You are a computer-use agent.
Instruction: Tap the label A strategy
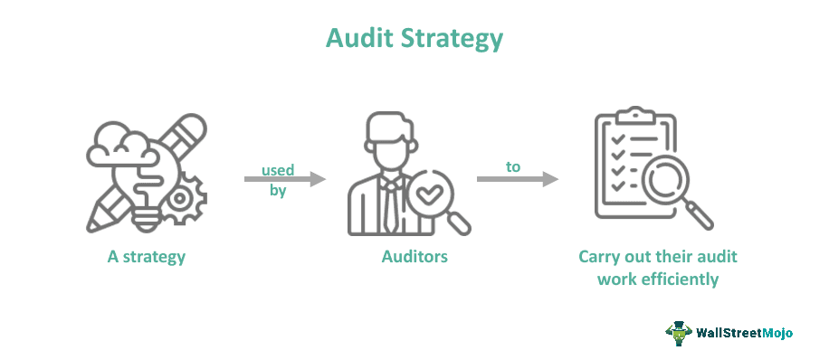(x=146, y=256)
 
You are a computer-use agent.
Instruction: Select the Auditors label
(x=414, y=256)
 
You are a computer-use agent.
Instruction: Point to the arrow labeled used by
(x=284, y=180)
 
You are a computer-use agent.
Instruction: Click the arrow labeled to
(x=517, y=180)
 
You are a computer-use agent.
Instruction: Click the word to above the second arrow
(x=513, y=166)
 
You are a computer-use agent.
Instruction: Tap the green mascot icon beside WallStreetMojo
(x=678, y=332)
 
